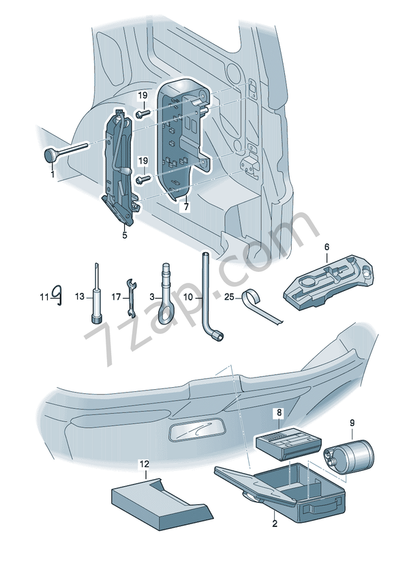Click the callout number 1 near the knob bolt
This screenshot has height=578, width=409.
(52, 174)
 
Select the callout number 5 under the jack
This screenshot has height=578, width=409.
(125, 235)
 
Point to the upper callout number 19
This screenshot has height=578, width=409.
(143, 95)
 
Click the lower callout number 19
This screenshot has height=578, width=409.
(143, 161)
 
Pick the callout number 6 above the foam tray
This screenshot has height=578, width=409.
(326, 246)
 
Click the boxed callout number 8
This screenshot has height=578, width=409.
(278, 413)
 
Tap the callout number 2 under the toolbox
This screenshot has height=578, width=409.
(274, 523)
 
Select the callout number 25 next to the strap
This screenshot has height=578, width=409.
(228, 296)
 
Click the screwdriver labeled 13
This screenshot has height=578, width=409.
(96, 300)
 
